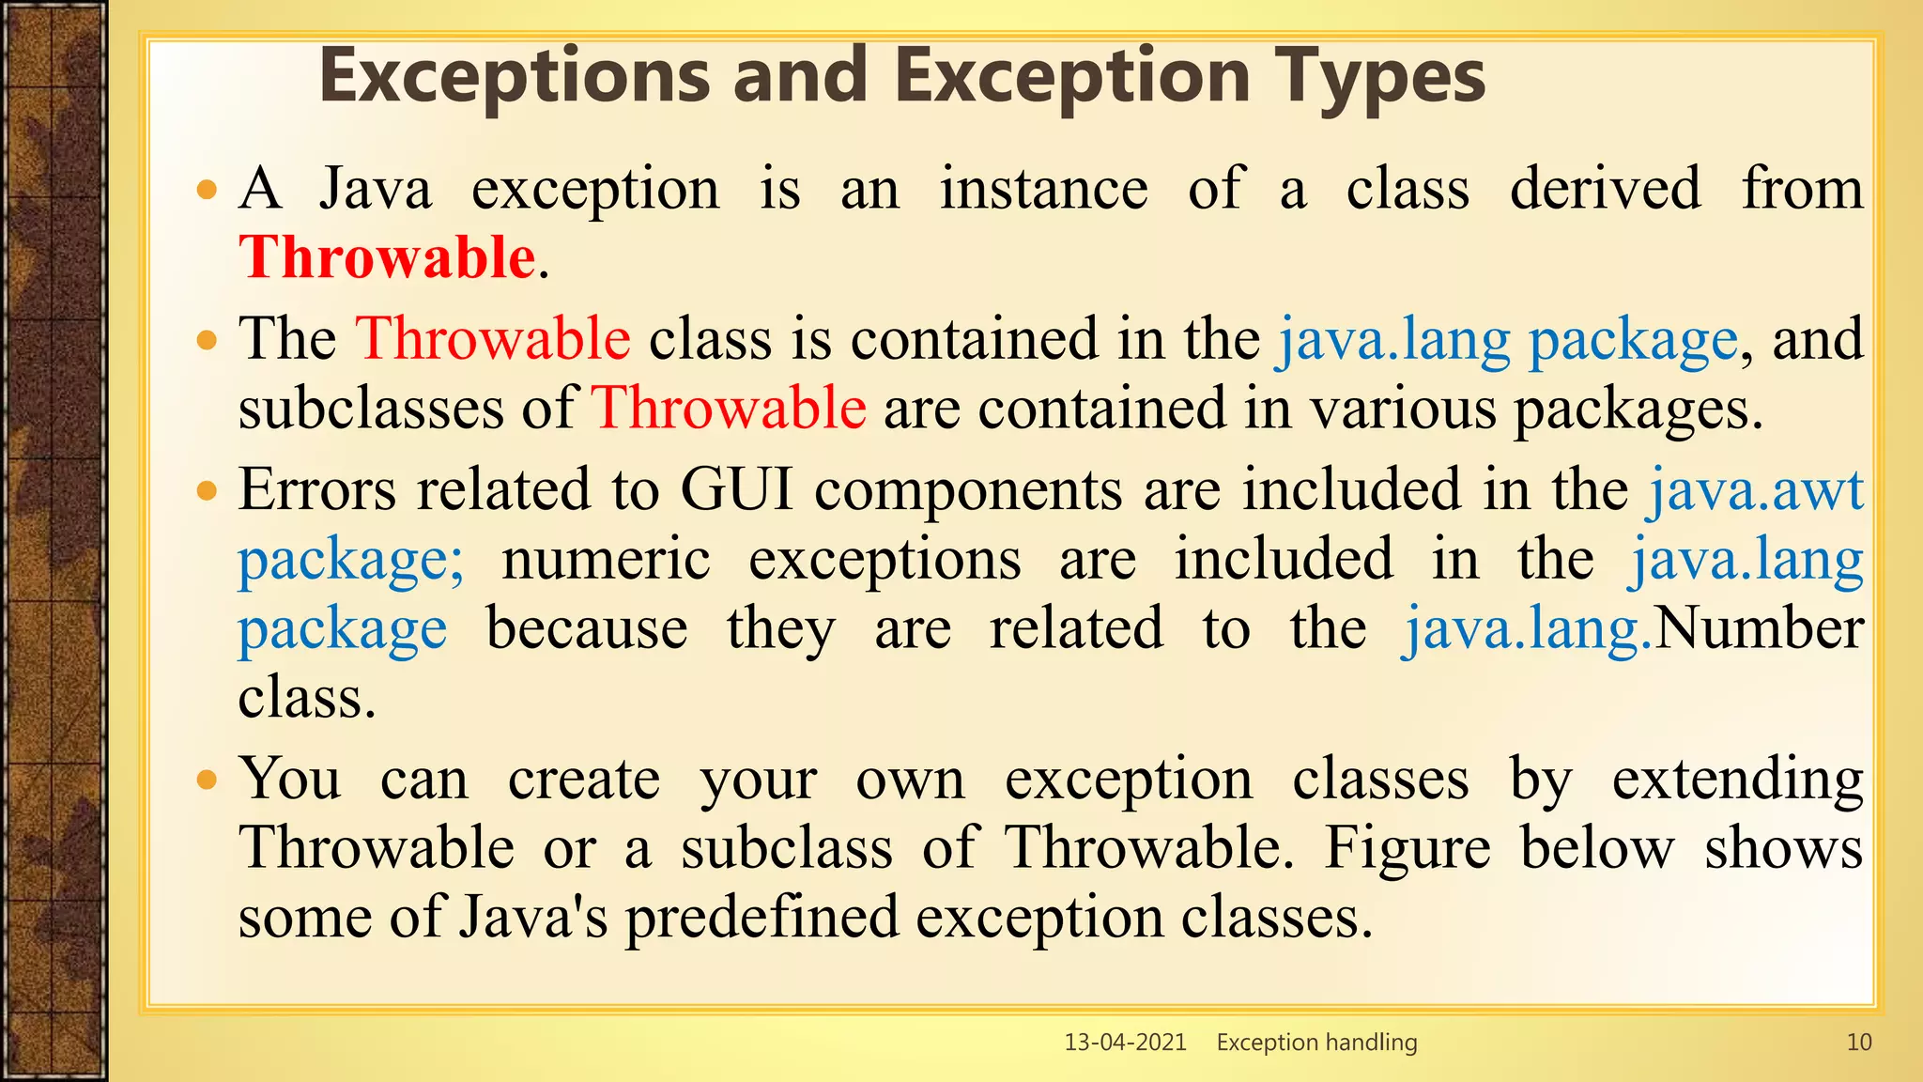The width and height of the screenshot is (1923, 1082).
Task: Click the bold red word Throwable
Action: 387,257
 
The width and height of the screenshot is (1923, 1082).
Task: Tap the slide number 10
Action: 1858,1042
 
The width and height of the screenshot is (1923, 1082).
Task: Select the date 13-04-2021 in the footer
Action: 1125,1042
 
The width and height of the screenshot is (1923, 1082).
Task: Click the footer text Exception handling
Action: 1316,1042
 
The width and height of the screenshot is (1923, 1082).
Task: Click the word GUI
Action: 736,490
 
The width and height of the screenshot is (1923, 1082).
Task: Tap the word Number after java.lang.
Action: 1758,628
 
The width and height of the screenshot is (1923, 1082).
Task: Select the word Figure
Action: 1407,847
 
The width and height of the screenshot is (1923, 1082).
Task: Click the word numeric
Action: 606,560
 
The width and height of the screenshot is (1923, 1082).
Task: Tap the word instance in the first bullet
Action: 1044,189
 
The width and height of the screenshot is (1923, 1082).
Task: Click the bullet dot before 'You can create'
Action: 207,780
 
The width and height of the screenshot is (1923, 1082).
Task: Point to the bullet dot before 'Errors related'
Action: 207,490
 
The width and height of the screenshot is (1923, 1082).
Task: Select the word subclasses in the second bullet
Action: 371,409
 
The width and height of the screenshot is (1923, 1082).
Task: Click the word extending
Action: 1737,780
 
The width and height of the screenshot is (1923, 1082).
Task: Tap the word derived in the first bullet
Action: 1605,189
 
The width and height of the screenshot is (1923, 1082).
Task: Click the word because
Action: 587,628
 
